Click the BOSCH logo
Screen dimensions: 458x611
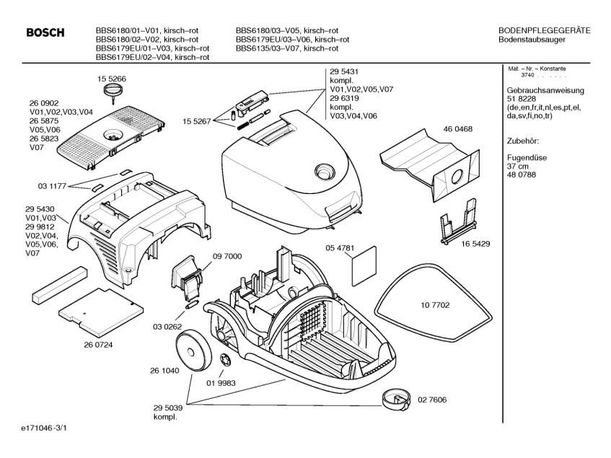coord(45,33)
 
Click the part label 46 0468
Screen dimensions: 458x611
coord(459,128)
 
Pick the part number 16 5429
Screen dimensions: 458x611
coord(476,244)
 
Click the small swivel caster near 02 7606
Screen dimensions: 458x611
coord(395,397)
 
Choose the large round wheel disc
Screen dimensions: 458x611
coord(193,350)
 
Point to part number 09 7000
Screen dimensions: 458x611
coord(227,256)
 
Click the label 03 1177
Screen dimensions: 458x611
coord(52,186)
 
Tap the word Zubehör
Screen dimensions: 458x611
coord(523,141)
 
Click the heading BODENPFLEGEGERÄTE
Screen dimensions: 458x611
coord(545,30)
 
